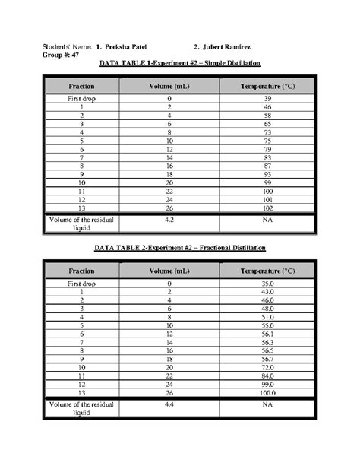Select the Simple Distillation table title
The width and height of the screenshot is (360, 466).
pos(179,64)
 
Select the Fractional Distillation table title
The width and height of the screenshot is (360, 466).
pos(180,249)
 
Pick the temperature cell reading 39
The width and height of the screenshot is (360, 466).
pos(267,99)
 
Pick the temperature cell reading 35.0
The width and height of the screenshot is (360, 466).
pos(267,284)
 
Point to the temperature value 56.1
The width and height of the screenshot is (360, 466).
pos(267,334)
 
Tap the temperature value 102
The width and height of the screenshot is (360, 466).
pos(267,208)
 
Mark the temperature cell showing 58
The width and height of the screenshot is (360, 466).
pos(267,116)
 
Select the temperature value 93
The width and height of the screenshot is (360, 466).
pos(267,175)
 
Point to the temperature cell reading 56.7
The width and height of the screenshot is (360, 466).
pos(267,357)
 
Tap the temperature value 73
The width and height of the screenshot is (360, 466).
pos(267,132)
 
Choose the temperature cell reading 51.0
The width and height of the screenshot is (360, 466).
pos(267,317)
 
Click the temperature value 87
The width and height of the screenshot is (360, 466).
pos(267,166)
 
